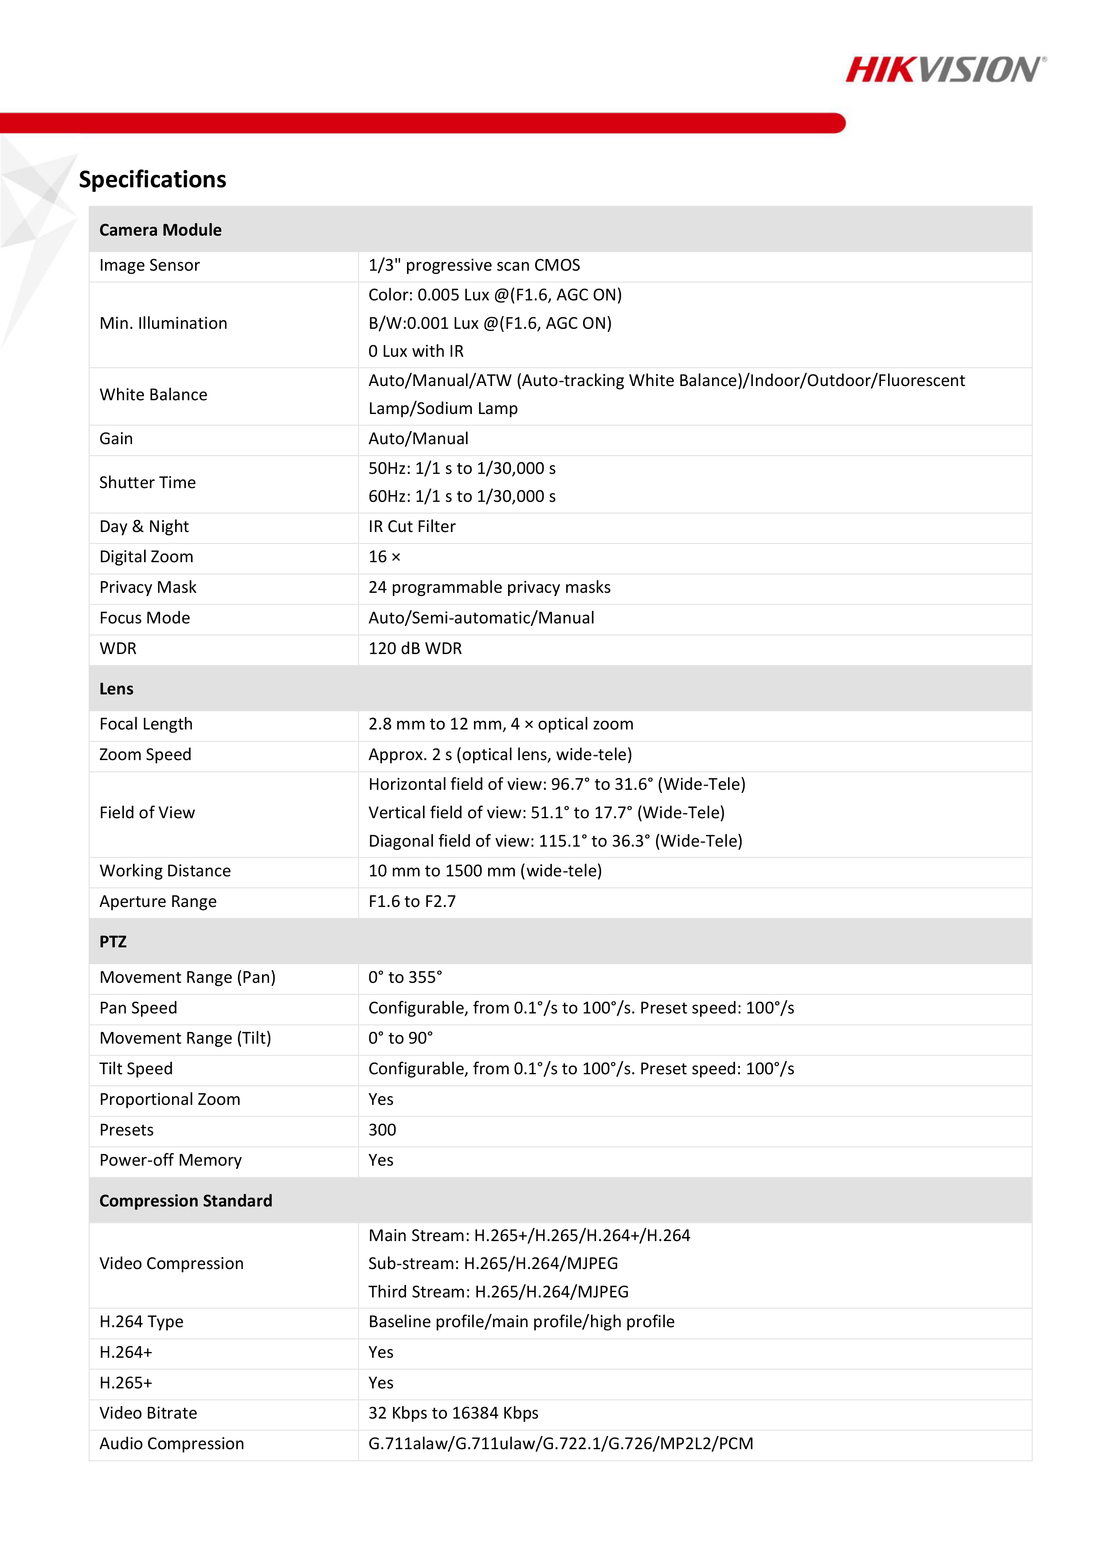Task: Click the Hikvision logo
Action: tap(945, 70)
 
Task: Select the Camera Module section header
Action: tap(160, 230)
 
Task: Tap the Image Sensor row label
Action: tap(150, 265)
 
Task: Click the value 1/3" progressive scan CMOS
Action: tap(474, 265)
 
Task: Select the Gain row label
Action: tap(117, 439)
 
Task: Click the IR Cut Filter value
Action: tap(411, 526)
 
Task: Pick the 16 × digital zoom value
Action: tap(384, 557)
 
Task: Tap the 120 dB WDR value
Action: tap(415, 648)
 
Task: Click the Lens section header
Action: tap(117, 689)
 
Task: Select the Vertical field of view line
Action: tap(546, 812)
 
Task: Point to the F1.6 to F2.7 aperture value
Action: tap(411, 901)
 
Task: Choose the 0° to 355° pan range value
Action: tap(405, 977)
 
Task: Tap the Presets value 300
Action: tap(382, 1130)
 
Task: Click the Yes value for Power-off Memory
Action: tap(381, 1160)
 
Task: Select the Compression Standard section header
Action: tap(186, 1201)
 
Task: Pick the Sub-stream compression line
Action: tap(493, 1263)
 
